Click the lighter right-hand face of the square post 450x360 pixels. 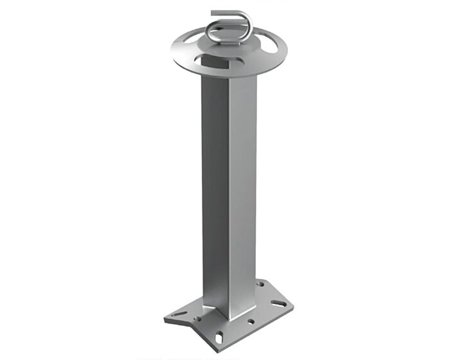point(242,193)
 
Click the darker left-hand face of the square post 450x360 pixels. point(214,193)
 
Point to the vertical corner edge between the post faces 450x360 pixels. point(228,193)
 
